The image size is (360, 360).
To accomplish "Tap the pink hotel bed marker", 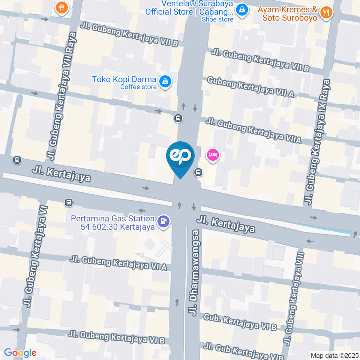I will [213, 154].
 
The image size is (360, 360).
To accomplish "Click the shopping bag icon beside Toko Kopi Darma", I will [165, 81].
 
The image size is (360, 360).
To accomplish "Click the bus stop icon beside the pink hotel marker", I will [198, 172].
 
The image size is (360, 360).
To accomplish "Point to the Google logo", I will [20, 353].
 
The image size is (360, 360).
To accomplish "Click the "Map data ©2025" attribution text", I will [334, 355].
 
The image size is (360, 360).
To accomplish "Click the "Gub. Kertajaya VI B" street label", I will [240, 322].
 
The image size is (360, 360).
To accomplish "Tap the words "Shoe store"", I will [217, 19].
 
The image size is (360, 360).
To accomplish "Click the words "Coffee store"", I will [138, 87].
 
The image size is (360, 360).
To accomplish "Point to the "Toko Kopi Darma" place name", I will [124, 79].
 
